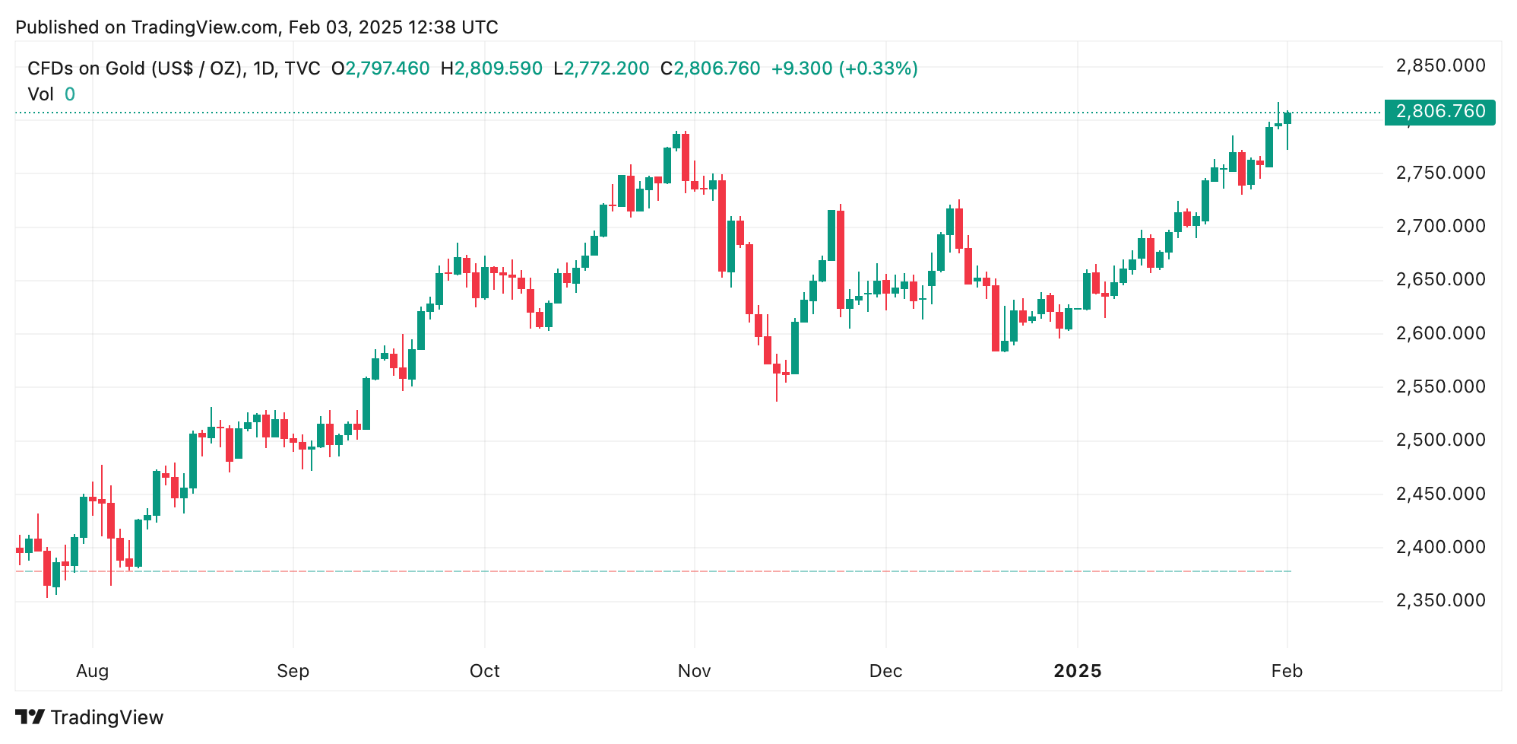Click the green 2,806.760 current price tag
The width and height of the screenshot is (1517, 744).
tap(1439, 112)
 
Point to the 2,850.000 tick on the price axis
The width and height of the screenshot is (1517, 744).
tap(1440, 65)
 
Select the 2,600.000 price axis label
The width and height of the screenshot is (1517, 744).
tap(1440, 333)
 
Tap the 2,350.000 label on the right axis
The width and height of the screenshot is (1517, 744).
tap(1440, 600)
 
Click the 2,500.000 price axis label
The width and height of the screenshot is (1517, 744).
tap(1440, 440)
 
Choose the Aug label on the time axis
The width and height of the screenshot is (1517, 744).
tap(93, 671)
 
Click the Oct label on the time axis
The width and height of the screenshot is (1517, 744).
tap(484, 671)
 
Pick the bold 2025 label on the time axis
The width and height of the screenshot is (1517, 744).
tap(1077, 671)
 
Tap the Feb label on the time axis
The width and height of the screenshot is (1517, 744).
tap(1287, 671)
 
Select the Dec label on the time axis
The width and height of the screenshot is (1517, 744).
tap(885, 671)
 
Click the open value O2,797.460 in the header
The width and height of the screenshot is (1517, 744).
tap(380, 68)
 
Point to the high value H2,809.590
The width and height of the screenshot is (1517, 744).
tap(492, 68)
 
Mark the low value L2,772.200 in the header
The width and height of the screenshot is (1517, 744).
tap(601, 68)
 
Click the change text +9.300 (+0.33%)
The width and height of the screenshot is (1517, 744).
tap(844, 68)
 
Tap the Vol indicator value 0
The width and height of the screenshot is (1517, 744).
tap(70, 94)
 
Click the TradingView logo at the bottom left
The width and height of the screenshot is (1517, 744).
tap(89, 717)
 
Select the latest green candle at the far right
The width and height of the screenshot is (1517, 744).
tap(1287, 119)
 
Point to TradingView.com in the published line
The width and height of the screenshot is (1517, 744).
tap(204, 27)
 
